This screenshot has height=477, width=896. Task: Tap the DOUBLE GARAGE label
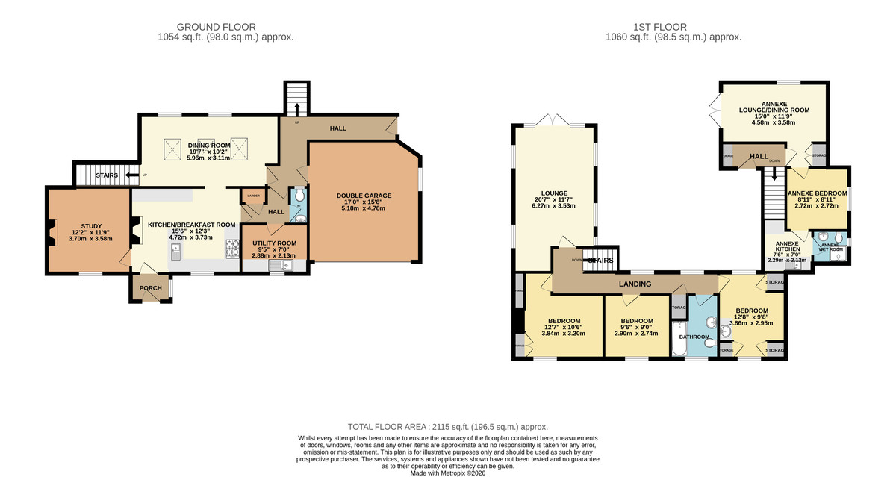(x=364, y=196)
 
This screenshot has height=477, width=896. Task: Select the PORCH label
(x=150, y=288)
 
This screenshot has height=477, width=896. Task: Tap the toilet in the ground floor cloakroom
(x=299, y=196)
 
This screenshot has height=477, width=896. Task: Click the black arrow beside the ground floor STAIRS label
(x=132, y=175)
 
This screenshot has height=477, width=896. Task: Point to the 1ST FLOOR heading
(x=673, y=27)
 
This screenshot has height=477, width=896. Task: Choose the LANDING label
(x=634, y=284)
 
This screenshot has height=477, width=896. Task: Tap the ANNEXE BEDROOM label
(x=818, y=193)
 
